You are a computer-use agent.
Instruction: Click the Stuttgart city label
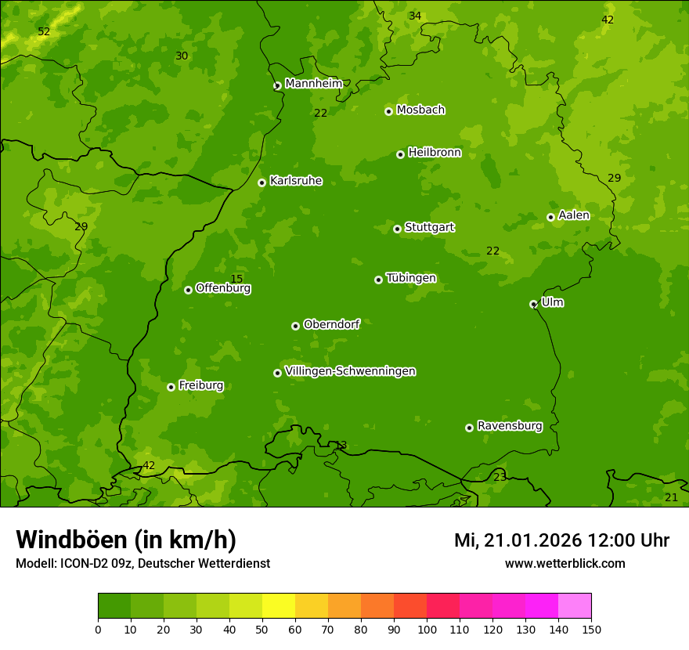[429, 227]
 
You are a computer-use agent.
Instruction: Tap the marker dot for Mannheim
[277, 86]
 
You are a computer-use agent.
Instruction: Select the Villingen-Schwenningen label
[350, 371]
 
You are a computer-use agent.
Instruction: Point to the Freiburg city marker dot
[171, 387]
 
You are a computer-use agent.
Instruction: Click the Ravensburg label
[510, 426]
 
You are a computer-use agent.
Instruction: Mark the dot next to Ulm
[533, 304]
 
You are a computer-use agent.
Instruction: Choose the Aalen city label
[574, 215]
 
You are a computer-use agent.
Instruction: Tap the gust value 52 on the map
[44, 32]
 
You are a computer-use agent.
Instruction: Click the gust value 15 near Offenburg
[236, 280]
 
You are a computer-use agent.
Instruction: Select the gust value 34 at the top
[415, 16]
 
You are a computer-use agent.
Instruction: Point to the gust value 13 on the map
[341, 446]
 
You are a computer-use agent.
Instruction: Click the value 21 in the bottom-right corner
[671, 498]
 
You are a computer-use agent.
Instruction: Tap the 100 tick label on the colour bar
[427, 630]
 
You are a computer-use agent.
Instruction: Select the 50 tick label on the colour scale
[262, 630]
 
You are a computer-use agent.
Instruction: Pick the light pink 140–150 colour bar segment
[575, 606]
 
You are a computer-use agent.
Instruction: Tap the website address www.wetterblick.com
[565, 563]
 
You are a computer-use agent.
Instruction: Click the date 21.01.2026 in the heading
[532, 540]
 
